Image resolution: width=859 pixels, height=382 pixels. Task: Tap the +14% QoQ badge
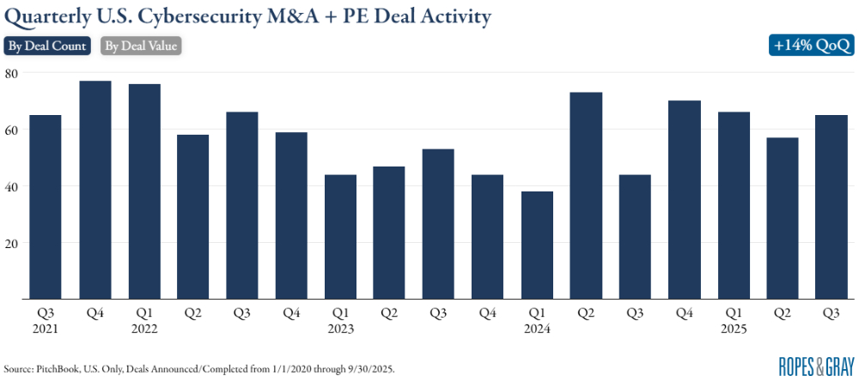point(813,46)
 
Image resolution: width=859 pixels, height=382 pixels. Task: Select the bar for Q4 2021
point(95,190)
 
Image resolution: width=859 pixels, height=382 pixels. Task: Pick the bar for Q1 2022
point(144,191)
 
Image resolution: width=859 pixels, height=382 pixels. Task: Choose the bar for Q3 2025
point(832,207)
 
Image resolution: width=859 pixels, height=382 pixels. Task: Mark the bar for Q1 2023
point(341,237)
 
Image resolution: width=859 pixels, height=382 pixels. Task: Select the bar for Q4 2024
point(685,200)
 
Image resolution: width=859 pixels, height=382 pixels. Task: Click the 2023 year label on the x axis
point(341,329)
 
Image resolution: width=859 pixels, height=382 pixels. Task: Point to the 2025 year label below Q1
point(734,329)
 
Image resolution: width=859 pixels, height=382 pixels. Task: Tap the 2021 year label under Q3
point(46,329)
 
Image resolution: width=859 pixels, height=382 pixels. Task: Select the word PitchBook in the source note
point(57,368)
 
